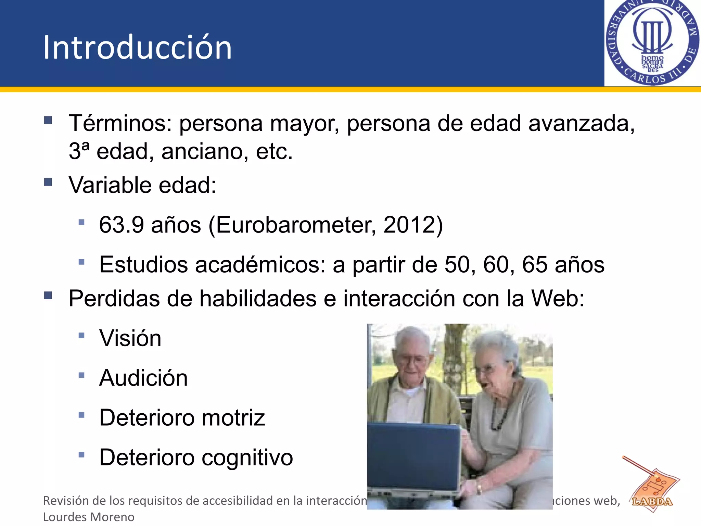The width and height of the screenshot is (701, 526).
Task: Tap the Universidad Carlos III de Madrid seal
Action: [x=652, y=42]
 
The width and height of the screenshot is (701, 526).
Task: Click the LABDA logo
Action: [x=652, y=490]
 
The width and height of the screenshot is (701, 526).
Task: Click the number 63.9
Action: [x=121, y=225]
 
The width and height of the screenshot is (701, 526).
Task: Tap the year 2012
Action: [x=409, y=225]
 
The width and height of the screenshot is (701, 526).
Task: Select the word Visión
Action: [x=130, y=338]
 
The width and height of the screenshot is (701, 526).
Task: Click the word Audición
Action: [x=143, y=378]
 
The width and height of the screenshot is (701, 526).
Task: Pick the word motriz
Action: [x=233, y=418]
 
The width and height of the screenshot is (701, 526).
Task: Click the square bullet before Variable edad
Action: [x=48, y=182]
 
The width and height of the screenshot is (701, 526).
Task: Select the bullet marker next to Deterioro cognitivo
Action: [x=81, y=455]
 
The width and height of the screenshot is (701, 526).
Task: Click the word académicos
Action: [x=260, y=265]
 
